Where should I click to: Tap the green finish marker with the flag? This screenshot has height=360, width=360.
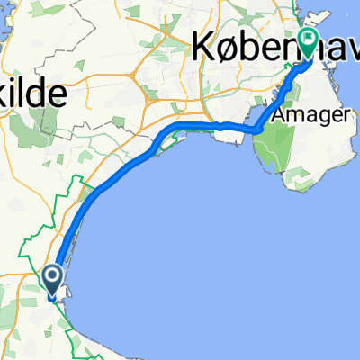[x=310, y=41]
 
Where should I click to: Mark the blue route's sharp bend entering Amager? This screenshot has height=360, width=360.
[x=257, y=130]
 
